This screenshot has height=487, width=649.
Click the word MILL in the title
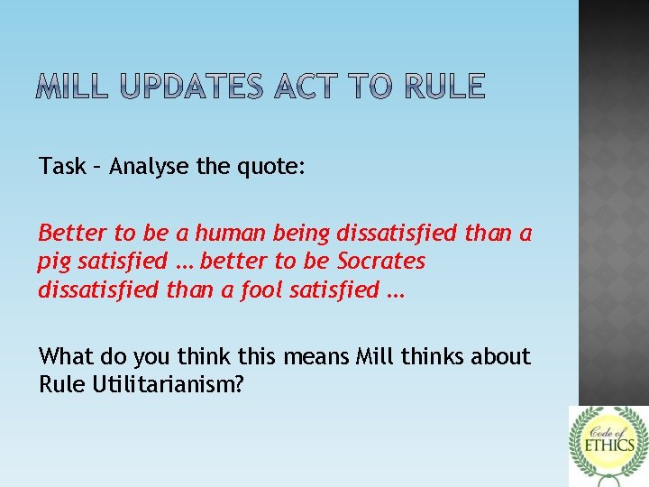point(72,87)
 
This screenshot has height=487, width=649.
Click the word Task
point(61,166)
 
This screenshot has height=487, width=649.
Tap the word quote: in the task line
point(276,167)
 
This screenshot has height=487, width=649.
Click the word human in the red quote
point(231,234)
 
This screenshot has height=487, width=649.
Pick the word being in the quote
point(305,234)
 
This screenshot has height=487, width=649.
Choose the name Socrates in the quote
point(380,262)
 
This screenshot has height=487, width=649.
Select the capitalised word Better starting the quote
point(69,234)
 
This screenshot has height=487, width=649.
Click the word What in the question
point(65,357)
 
